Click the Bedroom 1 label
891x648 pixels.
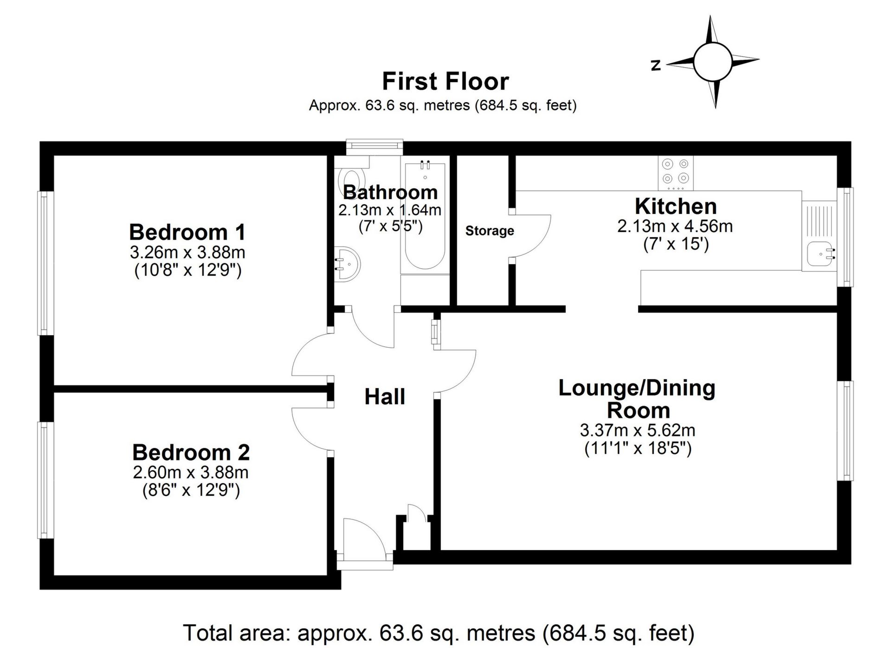pos(187,232)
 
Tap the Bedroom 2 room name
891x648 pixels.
pos(191,453)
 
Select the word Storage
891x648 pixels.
pos(490,231)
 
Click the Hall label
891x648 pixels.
pos(385,397)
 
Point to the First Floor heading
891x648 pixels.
pos(445,82)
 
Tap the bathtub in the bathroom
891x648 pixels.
pos(425,216)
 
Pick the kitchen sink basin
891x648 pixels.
pos(820,254)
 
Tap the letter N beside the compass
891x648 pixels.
pos(656,65)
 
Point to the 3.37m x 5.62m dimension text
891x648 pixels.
pos(637,430)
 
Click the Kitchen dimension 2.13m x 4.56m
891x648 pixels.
pos(675,226)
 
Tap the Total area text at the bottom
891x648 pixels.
pos(439,633)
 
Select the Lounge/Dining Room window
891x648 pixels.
pos(846,431)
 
